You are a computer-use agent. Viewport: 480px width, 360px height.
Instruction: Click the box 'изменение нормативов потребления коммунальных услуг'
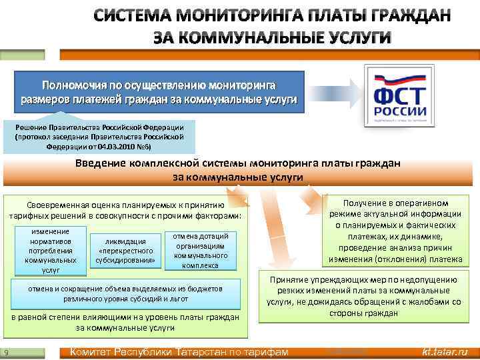pyautogui.click(x=51, y=251)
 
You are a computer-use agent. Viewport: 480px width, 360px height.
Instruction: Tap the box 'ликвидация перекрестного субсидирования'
pyautogui.click(x=127, y=251)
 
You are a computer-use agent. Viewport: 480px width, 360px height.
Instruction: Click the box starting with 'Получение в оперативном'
pyautogui.click(x=399, y=231)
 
